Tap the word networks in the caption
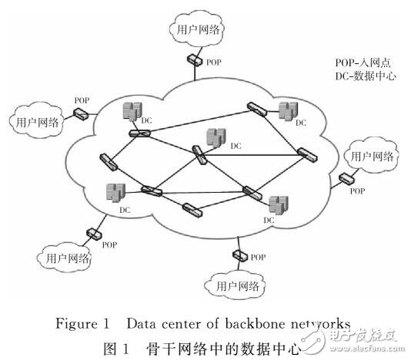coord(322,323)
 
